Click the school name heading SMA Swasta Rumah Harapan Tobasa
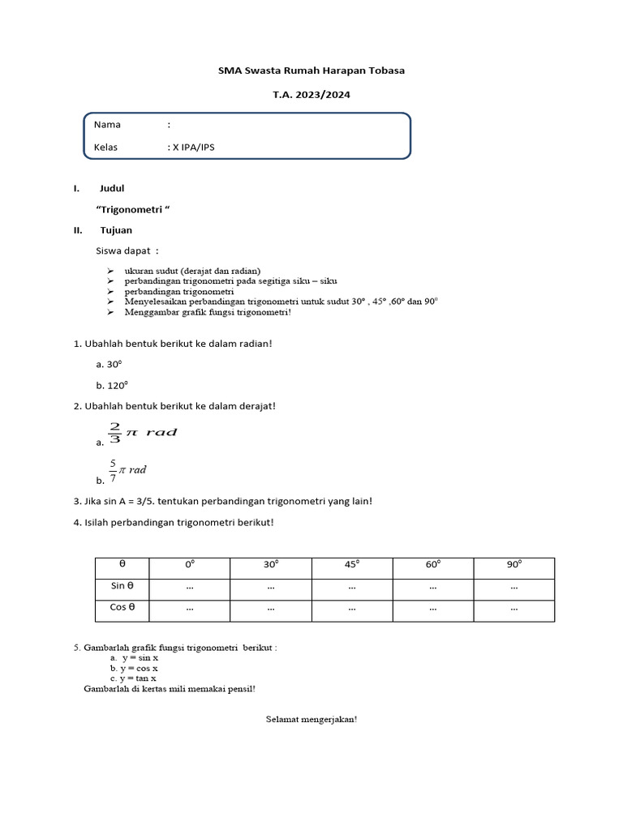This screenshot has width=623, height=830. [x=311, y=71]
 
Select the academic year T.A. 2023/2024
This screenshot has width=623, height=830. [x=311, y=95]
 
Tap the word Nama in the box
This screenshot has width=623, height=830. [x=107, y=125]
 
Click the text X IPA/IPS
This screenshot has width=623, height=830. [x=194, y=148]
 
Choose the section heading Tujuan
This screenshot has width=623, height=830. [x=116, y=230]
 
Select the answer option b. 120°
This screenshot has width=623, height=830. [x=112, y=386]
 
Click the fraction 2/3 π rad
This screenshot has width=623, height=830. [x=141, y=433]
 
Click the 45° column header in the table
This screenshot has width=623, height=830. [x=352, y=565]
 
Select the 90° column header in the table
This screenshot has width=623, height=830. [x=514, y=565]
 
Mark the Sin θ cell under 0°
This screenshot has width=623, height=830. [x=190, y=587]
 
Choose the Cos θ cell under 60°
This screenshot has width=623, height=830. [x=433, y=608]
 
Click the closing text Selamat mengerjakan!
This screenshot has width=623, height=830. [x=311, y=719]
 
